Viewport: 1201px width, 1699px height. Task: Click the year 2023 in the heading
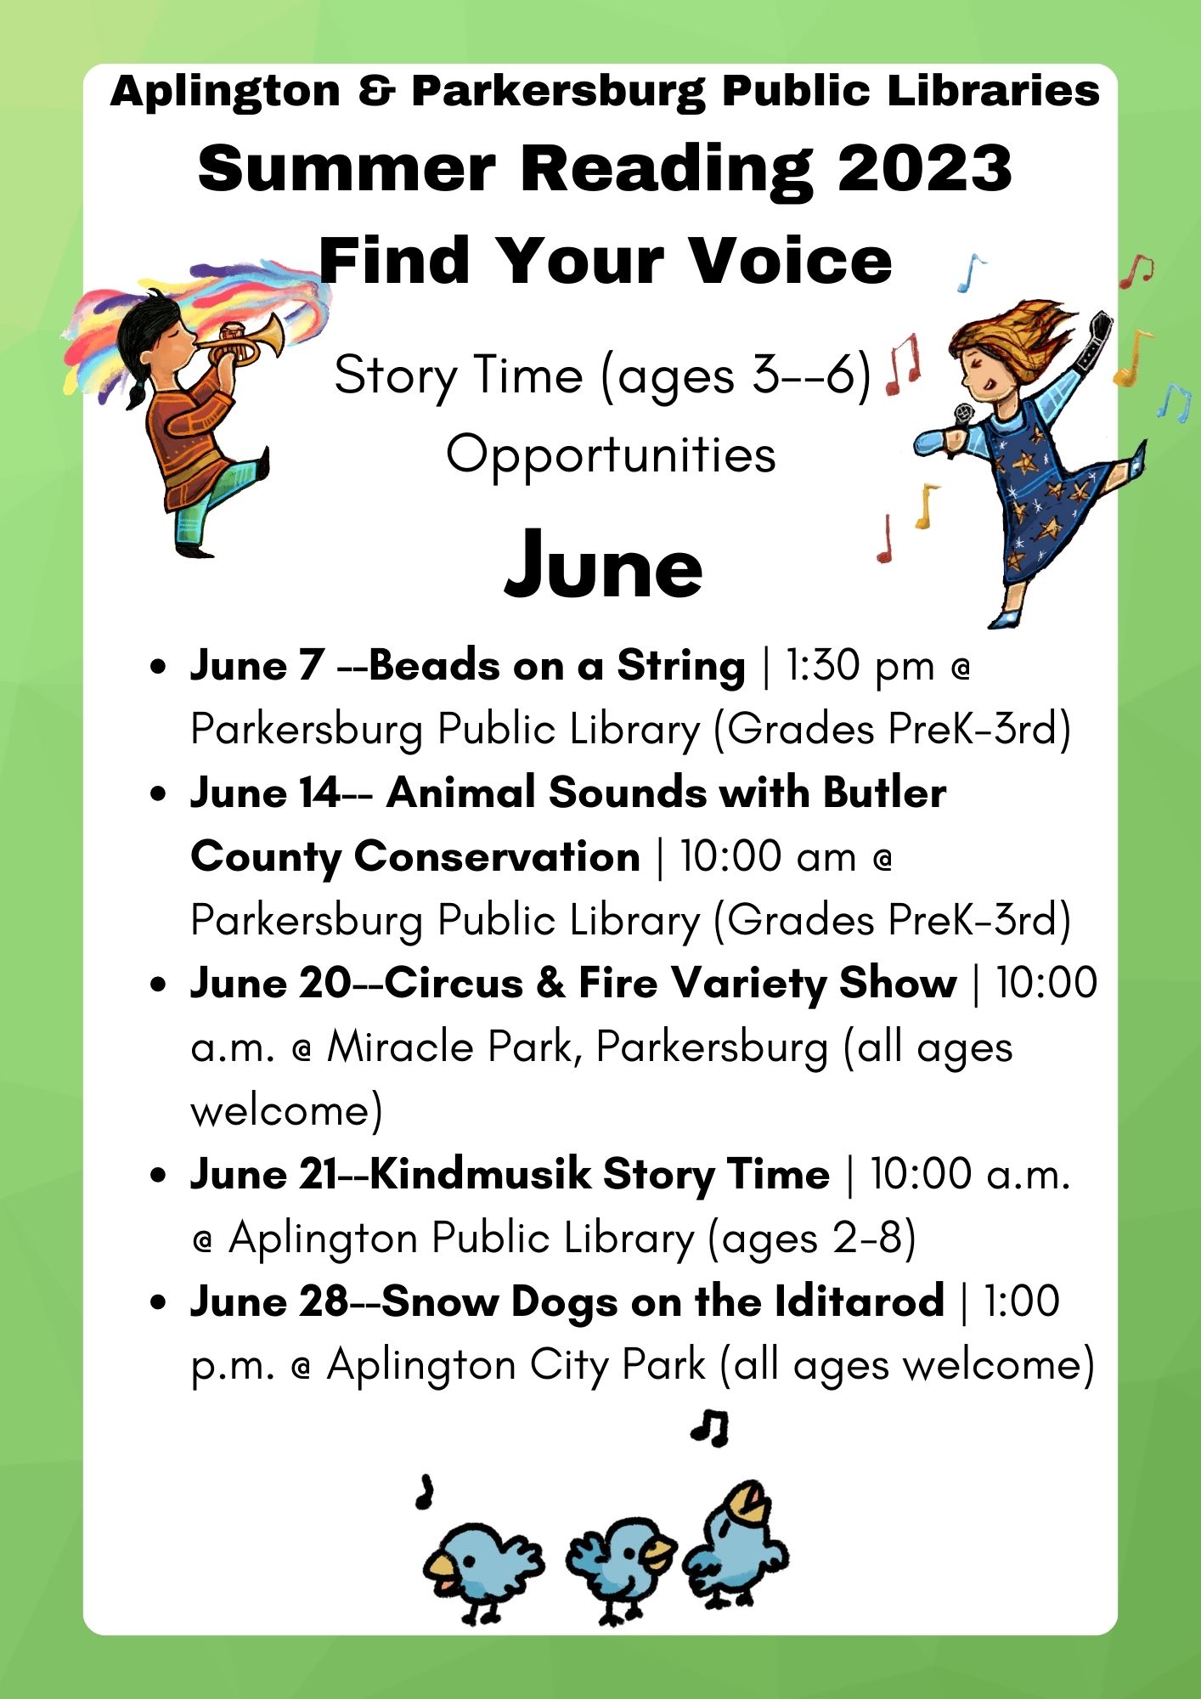coord(925,167)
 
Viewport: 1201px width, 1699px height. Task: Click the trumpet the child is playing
coord(245,340)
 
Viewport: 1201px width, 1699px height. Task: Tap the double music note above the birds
coord(709,1427)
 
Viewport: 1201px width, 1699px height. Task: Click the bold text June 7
coord(257,665)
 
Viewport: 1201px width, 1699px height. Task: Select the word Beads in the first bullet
coord(434,665)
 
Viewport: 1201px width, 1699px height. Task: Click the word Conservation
coord(497,856)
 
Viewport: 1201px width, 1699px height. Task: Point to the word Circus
coord(454,983)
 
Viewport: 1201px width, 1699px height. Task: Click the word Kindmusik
coord(481,1174)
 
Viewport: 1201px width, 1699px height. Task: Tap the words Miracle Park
coord(449,1047)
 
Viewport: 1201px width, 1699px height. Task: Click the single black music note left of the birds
coord(425,1492)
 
